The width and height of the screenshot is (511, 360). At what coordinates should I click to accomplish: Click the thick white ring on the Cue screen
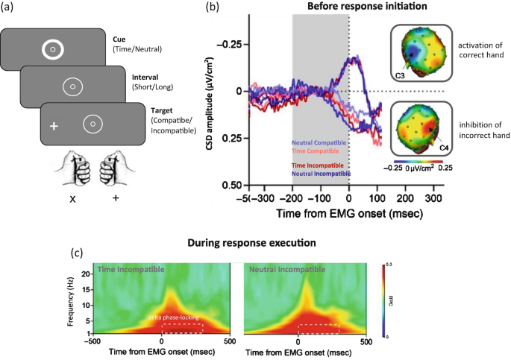coord(52,50)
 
